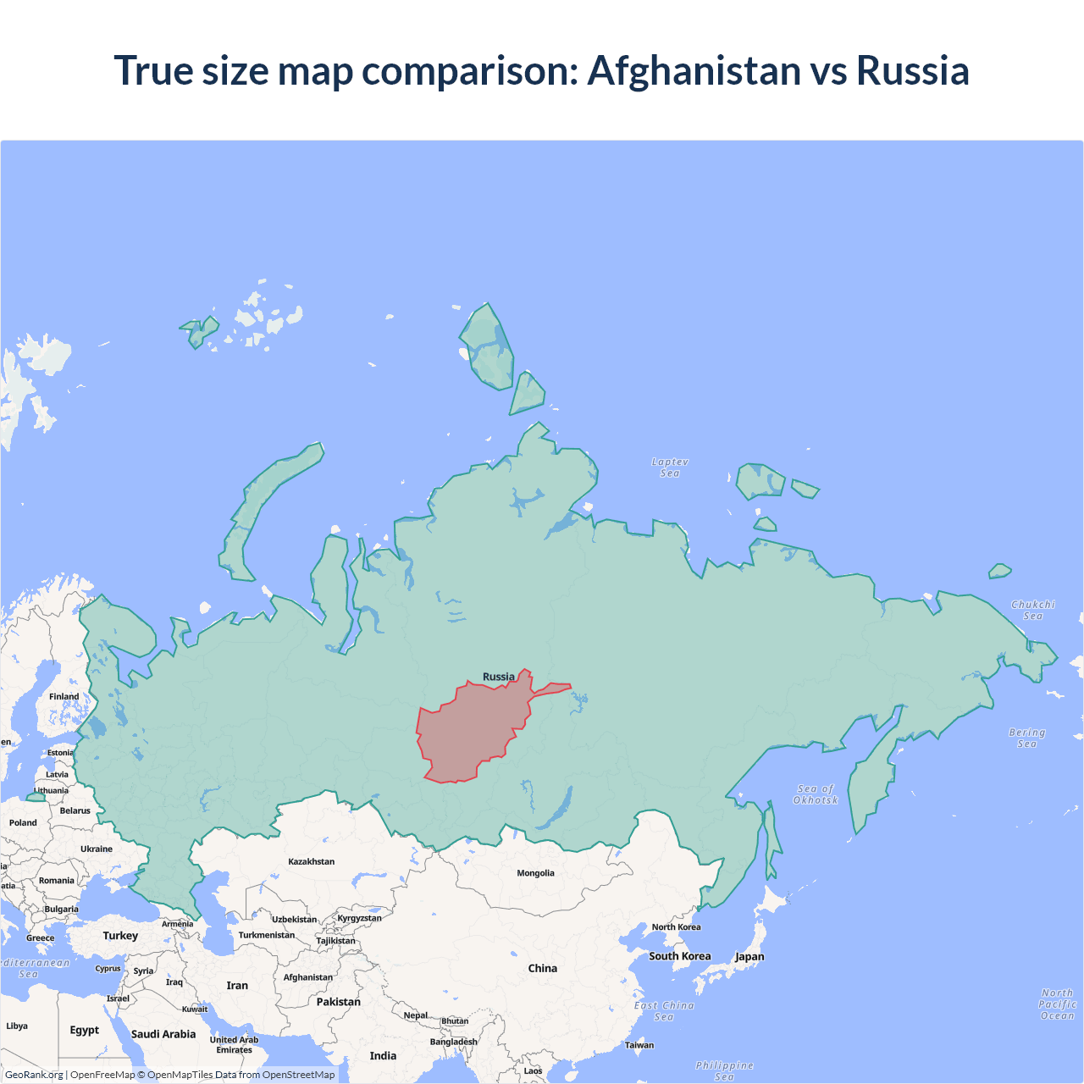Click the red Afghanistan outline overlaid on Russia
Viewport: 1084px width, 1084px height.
[x=470, y=733]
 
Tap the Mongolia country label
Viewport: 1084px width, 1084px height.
[x=535, y=873]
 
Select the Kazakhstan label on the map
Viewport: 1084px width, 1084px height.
[x=311, y=861]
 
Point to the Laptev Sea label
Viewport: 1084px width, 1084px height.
[x=670, y=467]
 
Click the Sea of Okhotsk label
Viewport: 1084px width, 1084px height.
[x=816, y=794]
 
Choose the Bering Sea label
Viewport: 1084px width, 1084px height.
[x=1026, y=738]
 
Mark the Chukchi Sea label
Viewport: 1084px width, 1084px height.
[x=1032, y=610]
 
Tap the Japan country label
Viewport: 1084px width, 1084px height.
[x=749, y=957]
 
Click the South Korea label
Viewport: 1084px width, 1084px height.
[x=679, y=956]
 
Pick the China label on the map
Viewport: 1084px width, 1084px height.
[x=542, y=968]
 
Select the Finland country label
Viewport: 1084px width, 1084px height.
[x=64, y=696]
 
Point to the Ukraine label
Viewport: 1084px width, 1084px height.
[x=96, y=849]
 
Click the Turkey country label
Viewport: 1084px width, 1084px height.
[x=120, y=936]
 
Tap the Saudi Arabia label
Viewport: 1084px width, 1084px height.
[x=163, y=1034]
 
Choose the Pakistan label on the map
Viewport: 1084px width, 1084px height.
[x=338, y=1002]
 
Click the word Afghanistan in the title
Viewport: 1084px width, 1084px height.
[x=694, y=70]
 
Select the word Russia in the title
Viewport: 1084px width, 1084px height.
[x=912, y=70]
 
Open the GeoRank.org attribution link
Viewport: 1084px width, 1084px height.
[x=34, y=1075]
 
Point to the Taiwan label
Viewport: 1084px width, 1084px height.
[x=639, y=1045]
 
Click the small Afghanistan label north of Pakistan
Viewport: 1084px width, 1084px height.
[x=307, y=977]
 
